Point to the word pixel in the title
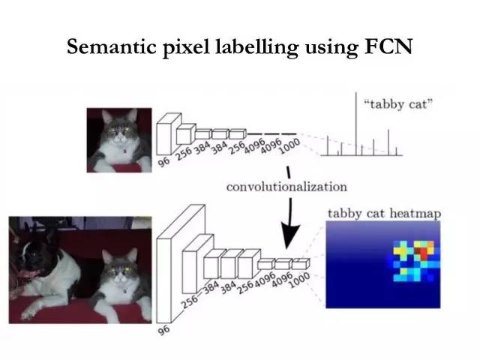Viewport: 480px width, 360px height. [192, 47]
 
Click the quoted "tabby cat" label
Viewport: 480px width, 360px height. [399, 103]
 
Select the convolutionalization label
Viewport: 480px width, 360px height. [286, 186]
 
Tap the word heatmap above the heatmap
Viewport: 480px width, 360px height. [415, 214]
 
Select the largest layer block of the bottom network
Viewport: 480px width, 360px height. [179, 262]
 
